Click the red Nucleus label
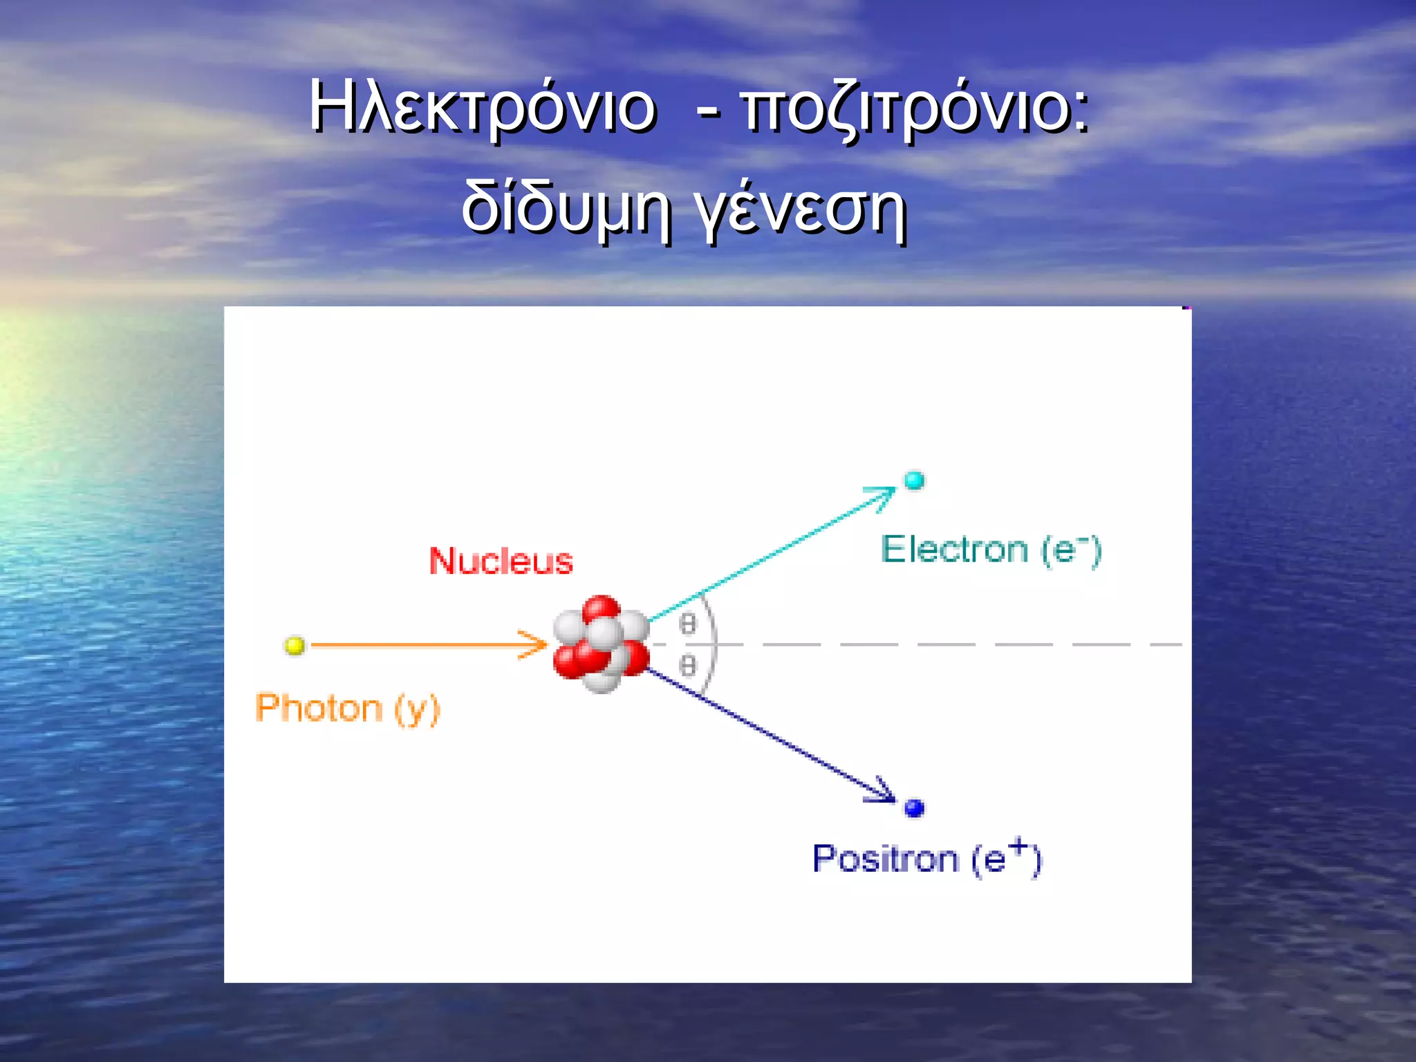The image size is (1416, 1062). click(x=501, y=561)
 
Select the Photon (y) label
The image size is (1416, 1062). click(x=347, y=709)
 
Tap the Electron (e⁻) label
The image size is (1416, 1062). click(x=990, y=550)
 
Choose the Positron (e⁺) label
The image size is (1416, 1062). click(x=926, y=859)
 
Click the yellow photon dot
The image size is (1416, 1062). click(x=295, y=646)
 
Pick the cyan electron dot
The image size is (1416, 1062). click(x=914, y=480)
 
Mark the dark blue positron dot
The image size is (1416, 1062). click(x=914, y=807)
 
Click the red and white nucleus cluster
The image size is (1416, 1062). click(x=601, y=644)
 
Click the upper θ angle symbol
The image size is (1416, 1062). click(x=687, y=624)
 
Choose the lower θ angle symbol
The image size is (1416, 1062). click(x=687, y=666)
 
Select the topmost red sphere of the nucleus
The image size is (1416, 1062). click(x=600, y=609)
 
